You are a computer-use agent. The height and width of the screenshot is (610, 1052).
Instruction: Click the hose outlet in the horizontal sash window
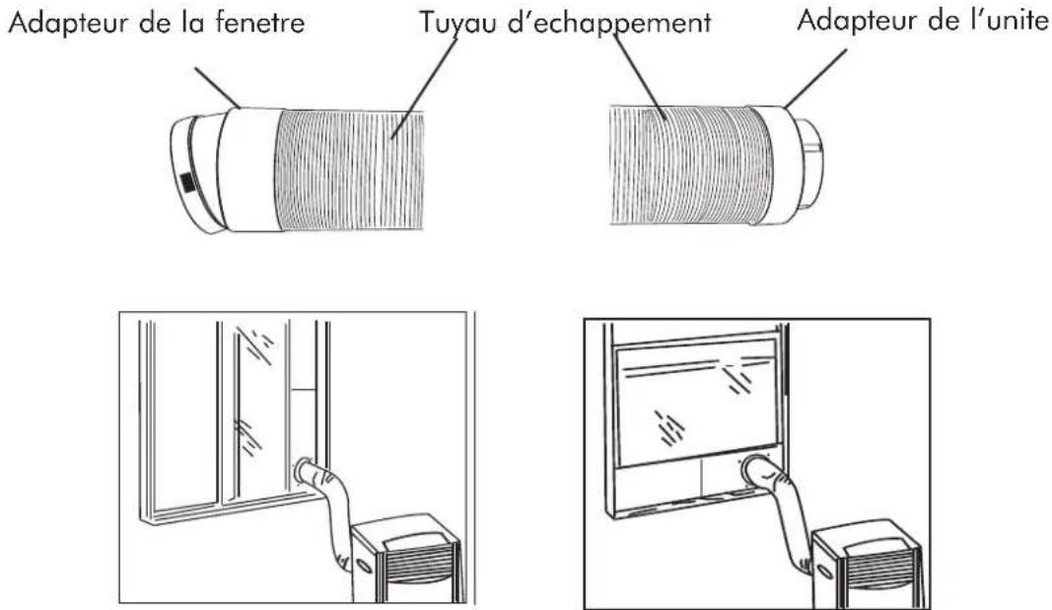coord(760,468)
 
